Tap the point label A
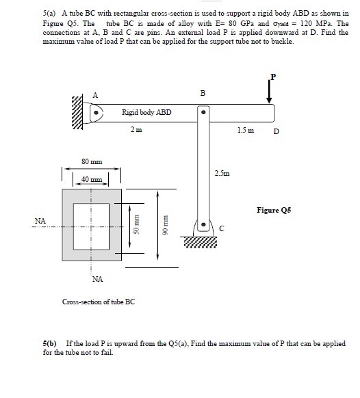(95, 94)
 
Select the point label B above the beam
(203, 92)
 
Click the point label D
(276, 131)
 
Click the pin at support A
(97, 111)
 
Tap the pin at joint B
(203, 111)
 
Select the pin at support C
(203, 224)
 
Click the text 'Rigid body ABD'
(146, 111)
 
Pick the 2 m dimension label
(137, 129)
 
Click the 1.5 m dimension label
(246, 129)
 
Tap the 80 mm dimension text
(92, 162)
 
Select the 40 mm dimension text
(91, 179)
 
